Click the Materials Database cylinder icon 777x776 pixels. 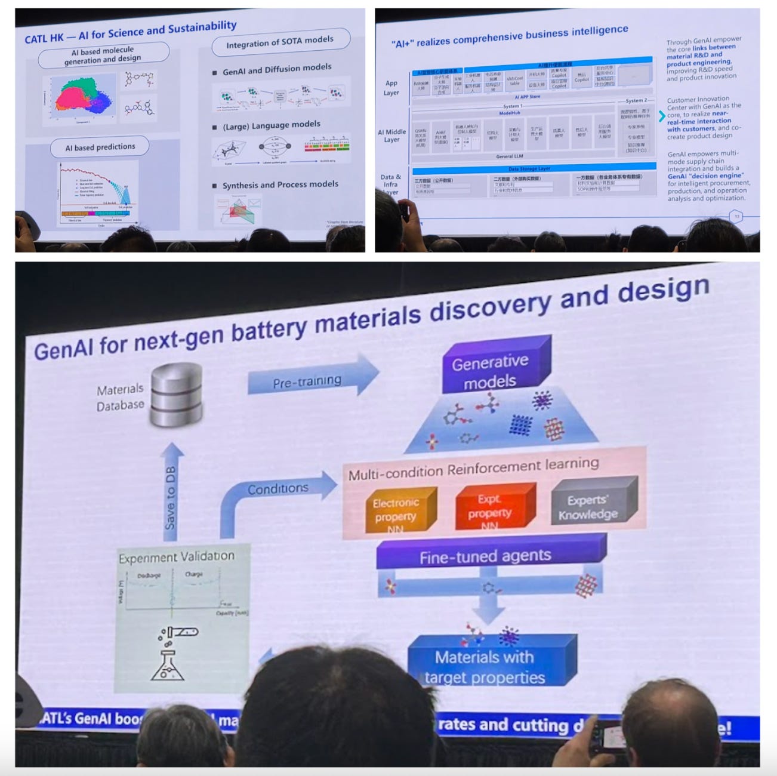(x=176, y=396)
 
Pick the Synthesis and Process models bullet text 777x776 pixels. (x=280, y=184)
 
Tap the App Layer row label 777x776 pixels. (x=391, y=88)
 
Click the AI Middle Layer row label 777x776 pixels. (x=391, y=136)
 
